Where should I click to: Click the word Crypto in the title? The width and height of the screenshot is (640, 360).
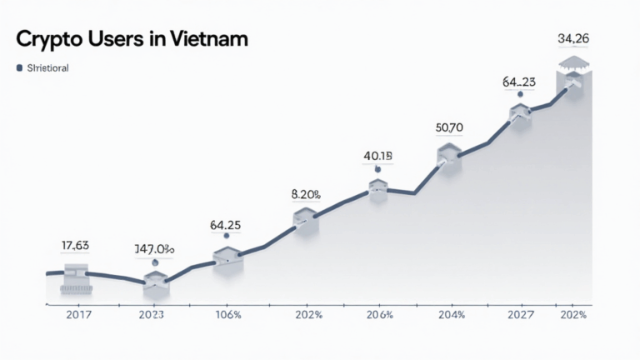point(51,39)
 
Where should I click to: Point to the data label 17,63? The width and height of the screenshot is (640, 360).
point(76,245)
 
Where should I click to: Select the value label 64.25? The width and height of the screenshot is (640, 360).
point(226,224)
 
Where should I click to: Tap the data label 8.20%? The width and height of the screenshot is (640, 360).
point(306,194)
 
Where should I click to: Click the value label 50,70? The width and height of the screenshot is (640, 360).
point(449,127)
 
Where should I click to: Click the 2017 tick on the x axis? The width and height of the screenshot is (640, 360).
point(66,315)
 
